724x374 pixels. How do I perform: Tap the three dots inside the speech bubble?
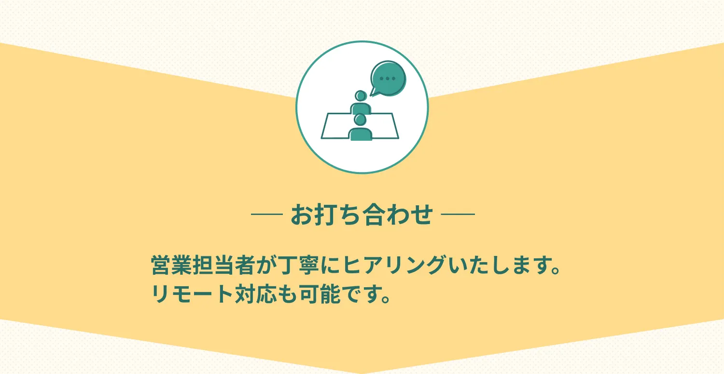388,78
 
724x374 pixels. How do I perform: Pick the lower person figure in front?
361,129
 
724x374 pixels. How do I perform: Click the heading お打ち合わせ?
362,214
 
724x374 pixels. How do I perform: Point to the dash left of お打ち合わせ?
267,214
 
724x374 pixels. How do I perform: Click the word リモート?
192,294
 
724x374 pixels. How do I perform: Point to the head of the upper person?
360,95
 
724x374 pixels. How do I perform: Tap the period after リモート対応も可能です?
385,299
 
